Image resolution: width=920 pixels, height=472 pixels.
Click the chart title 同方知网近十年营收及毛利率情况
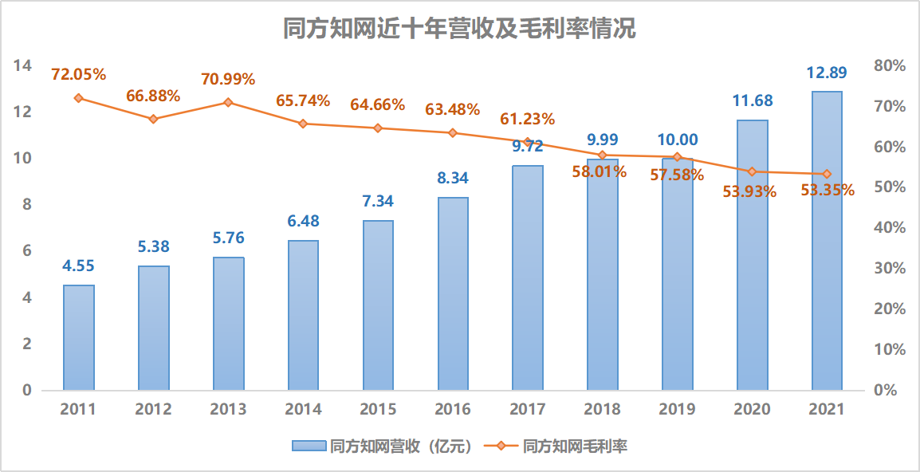[460, 29]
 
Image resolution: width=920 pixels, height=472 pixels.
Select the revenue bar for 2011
[79, 337]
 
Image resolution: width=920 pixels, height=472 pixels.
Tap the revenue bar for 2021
[827, 241]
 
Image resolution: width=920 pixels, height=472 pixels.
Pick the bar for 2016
[453, 293]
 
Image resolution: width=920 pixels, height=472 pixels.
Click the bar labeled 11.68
[752, 255]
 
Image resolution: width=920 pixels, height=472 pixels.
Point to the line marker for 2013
[228, 102]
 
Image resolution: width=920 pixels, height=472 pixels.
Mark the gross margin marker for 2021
[827, 174]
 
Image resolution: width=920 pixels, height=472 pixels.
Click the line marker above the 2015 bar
[378, 128]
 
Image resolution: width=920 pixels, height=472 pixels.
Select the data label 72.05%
[79, 75]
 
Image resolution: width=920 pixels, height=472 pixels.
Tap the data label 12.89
[826, 73]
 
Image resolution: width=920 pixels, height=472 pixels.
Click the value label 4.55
[79, 267]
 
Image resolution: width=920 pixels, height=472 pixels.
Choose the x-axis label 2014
[303, 410]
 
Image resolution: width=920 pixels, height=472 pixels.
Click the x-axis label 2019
[677, 410]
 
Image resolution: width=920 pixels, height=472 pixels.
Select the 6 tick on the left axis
[26, 251]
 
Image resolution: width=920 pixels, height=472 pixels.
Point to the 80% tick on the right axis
[890, 65]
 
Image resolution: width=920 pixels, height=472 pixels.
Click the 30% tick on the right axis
[890, 269]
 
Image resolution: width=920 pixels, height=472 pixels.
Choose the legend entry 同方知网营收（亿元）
[383, 446]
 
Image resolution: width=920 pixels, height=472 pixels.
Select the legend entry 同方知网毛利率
[563, 446]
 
